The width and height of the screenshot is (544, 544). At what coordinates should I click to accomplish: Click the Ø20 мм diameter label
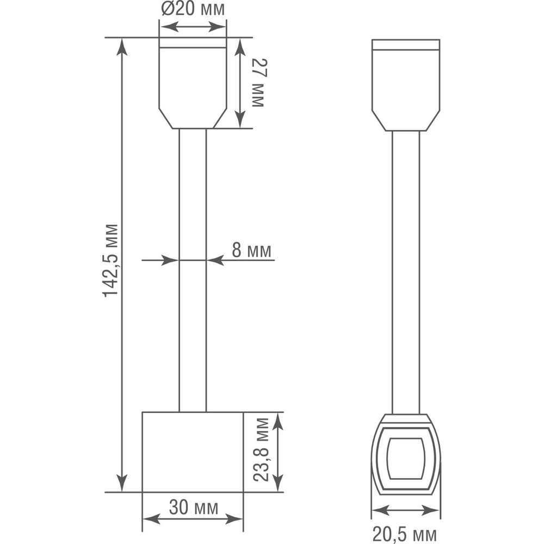193,9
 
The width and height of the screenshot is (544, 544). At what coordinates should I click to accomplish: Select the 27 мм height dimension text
257,83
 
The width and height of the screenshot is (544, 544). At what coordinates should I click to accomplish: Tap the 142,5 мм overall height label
110,260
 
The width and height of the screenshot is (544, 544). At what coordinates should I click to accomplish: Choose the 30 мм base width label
193,508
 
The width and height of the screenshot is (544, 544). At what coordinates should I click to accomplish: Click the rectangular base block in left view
193,452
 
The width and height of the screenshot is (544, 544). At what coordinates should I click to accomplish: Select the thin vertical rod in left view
193,272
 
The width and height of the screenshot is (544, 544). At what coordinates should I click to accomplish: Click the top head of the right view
405,84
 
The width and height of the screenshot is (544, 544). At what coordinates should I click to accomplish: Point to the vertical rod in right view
405,272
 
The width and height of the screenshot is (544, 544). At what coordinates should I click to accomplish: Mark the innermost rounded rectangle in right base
405,458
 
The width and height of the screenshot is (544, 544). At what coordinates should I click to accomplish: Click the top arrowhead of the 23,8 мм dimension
277,419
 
